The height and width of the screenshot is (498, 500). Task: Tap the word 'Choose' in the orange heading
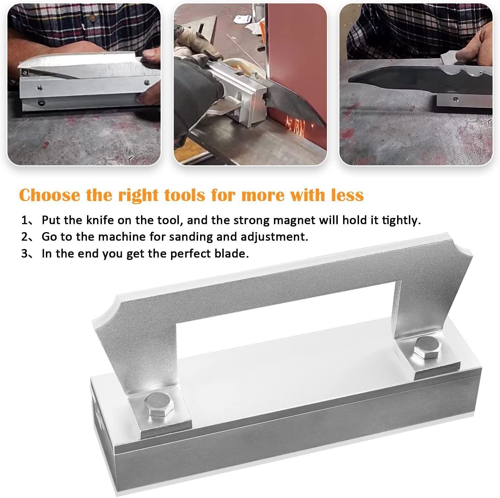(x=50, y=195)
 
